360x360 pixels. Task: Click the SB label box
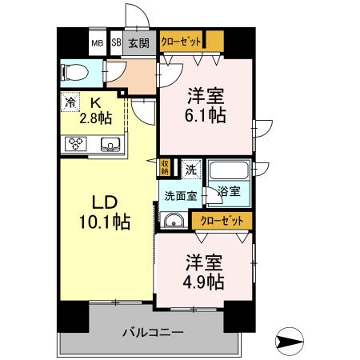[x=116, y=43]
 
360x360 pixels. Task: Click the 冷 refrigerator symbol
[x=70, y=102]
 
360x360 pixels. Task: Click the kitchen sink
[x=110, y=145]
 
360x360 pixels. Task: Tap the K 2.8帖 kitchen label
[x=95, y=110]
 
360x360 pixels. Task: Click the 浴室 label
[x=229, y=193]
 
